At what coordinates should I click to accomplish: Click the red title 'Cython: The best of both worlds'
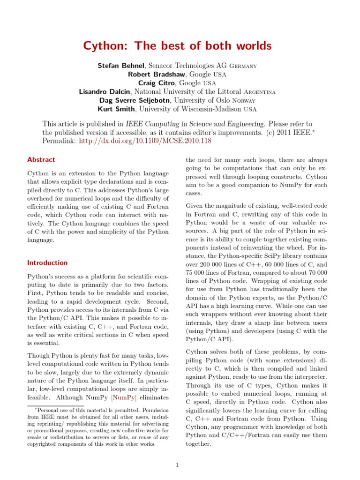coord(177,46)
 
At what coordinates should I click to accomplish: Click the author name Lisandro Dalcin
coord(105,91)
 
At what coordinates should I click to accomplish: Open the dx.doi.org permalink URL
coord(145,141)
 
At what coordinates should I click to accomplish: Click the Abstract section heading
coord(41,160)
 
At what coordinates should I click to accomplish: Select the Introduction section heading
coord(47,263)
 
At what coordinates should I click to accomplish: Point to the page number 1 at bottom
coord(177,465)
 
